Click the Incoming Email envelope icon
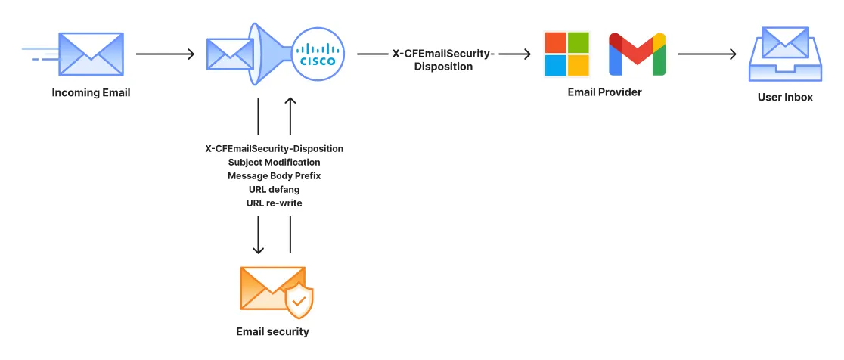point(91,54)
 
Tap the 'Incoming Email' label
point(91,93)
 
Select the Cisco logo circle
point(318,54)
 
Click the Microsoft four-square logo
point(567,54)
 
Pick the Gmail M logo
point(638,54)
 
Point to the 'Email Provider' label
point(604,92)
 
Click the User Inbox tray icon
point(785,54)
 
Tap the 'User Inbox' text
point(785,97)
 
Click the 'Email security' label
point(272,331)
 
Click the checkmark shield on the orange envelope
point(299,302)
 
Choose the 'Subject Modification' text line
point(274,162)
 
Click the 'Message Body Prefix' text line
point(274,175)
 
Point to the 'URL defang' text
point(274,189)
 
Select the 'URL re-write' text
point(274,203)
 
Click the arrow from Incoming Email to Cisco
point(165,54)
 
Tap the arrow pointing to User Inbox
point(707,54)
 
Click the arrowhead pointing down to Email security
point(259,249)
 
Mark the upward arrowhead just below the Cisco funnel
point(290,101)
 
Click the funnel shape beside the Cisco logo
point(269,54)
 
